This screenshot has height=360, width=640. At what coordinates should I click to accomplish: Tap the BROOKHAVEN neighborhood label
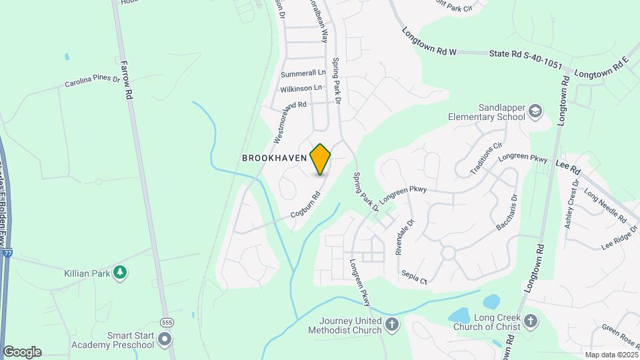click(274, 159)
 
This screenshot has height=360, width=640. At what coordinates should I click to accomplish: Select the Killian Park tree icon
click(120, 272)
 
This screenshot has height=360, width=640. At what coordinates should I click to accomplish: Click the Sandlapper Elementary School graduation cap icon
click(535, 111)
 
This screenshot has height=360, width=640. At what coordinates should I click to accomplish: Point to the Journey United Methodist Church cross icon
click(392, 325)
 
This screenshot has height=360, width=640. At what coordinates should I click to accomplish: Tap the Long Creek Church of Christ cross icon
click(530, 321)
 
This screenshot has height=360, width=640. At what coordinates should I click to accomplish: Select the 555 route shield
click(167, 321)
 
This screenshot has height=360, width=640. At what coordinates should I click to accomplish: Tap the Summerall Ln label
click(303, 72)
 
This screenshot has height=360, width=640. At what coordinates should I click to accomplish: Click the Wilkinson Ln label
click(301, 88)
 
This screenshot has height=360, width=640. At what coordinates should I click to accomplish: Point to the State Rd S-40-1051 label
click(526, 61)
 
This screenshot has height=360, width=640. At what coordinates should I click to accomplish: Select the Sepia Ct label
click(414, 277)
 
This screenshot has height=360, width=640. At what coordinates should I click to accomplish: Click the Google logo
click(22, 351)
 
